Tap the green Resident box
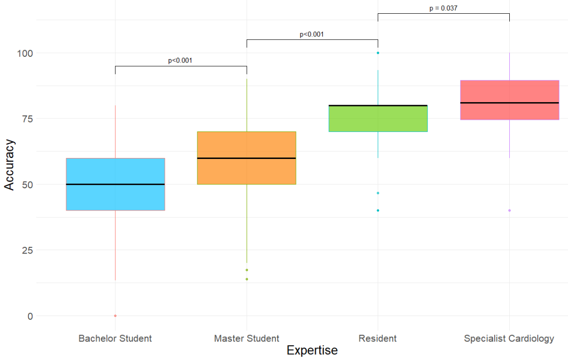(x=378, y=119)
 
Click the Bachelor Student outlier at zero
(x=115, y=316)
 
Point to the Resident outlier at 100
(x=378, y=53)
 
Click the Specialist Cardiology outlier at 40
(x=509, y=211)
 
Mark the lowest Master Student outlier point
(x=247, y=279)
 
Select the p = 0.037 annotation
(x=443, y=8)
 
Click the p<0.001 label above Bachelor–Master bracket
(x=180, y=61)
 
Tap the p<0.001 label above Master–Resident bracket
(x=311, y=34)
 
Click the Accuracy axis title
(x=9, y=164)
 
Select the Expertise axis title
(x=312, y=351)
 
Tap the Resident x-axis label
(x=378, y=339)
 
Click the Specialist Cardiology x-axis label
(x=509, y=339)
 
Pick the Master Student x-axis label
(x=247, y=339)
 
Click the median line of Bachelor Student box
(x=115, y=184)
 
